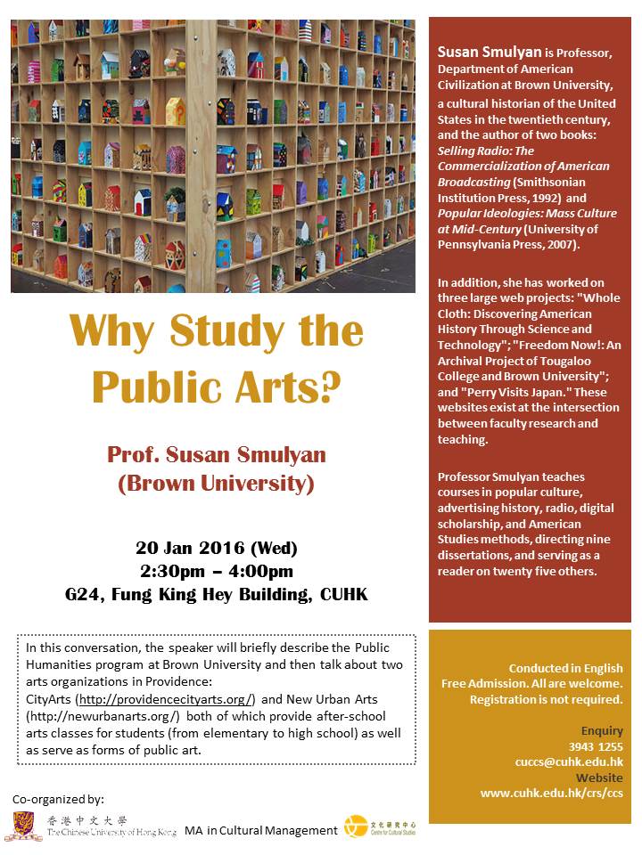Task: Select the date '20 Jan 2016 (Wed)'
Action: tap(217, 548)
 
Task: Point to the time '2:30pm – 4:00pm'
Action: tap(217, 571)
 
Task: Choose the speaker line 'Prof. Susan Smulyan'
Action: tap(217, 455)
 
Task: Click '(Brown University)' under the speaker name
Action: tap(217, 484)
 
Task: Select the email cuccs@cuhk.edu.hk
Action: tap(569, 761)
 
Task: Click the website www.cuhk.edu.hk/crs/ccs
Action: tap(551, 793)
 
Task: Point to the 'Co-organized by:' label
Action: tap(60, 799)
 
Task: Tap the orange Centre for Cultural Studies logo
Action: tap(356, 826)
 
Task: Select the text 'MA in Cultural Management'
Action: tap(261, 830)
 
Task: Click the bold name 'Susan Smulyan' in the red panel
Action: tap(481, 53)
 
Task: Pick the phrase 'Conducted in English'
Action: tap(565, 668)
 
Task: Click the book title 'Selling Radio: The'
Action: tap(486, 151)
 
